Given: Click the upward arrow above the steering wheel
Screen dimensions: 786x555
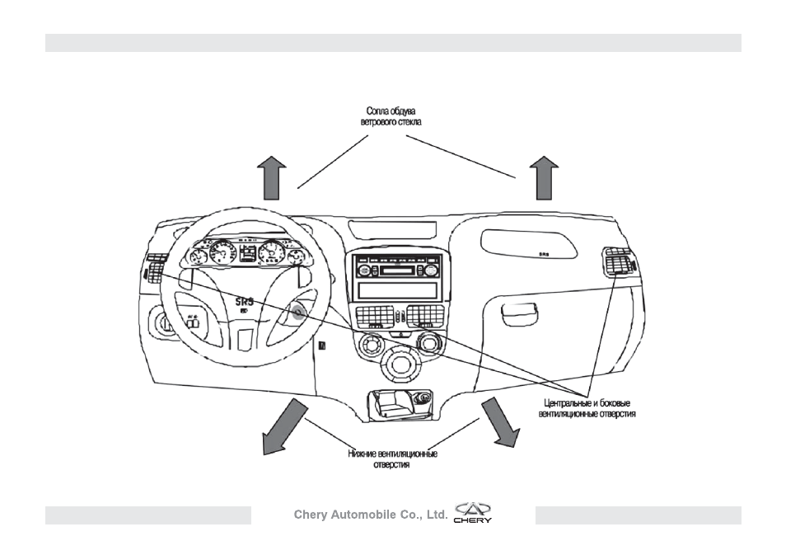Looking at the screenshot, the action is pyautogui.click(x=272, y=178).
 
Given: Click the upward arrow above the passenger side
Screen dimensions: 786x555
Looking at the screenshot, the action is pyautogui.click(x=544, y=178).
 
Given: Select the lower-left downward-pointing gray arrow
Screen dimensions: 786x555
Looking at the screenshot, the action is pyautogui.click(x=283, y=427).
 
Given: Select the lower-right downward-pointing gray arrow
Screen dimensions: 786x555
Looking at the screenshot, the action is pyautogui.click(x=500, y=422).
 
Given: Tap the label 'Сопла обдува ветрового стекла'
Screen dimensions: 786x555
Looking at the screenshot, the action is pyautogui.click(x=391, y=116).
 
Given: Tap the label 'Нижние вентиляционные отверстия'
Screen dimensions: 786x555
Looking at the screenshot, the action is pyautogui.click(x=392, y=459).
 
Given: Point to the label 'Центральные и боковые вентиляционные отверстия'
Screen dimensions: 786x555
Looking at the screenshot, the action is pyautogui.click(x=587, y=408).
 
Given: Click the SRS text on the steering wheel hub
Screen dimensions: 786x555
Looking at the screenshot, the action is pyautogui.click(x=246, y=302).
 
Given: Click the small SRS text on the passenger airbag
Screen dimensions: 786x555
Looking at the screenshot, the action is pyautogui.click(x=544, y=255).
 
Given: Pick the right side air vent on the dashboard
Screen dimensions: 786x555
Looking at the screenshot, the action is pyautogui.click(x=619, y=261).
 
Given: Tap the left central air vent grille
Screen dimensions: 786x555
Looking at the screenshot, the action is pyautogui.click(x=374, y=316).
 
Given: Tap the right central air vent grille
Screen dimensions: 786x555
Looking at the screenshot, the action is pyautogui.click(x=425, y=316).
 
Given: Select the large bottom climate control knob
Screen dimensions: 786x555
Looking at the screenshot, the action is pyautogui.click(x=400, y=365).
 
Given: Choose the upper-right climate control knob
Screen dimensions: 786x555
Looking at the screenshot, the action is pyautogui.click(x=429, y=343).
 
